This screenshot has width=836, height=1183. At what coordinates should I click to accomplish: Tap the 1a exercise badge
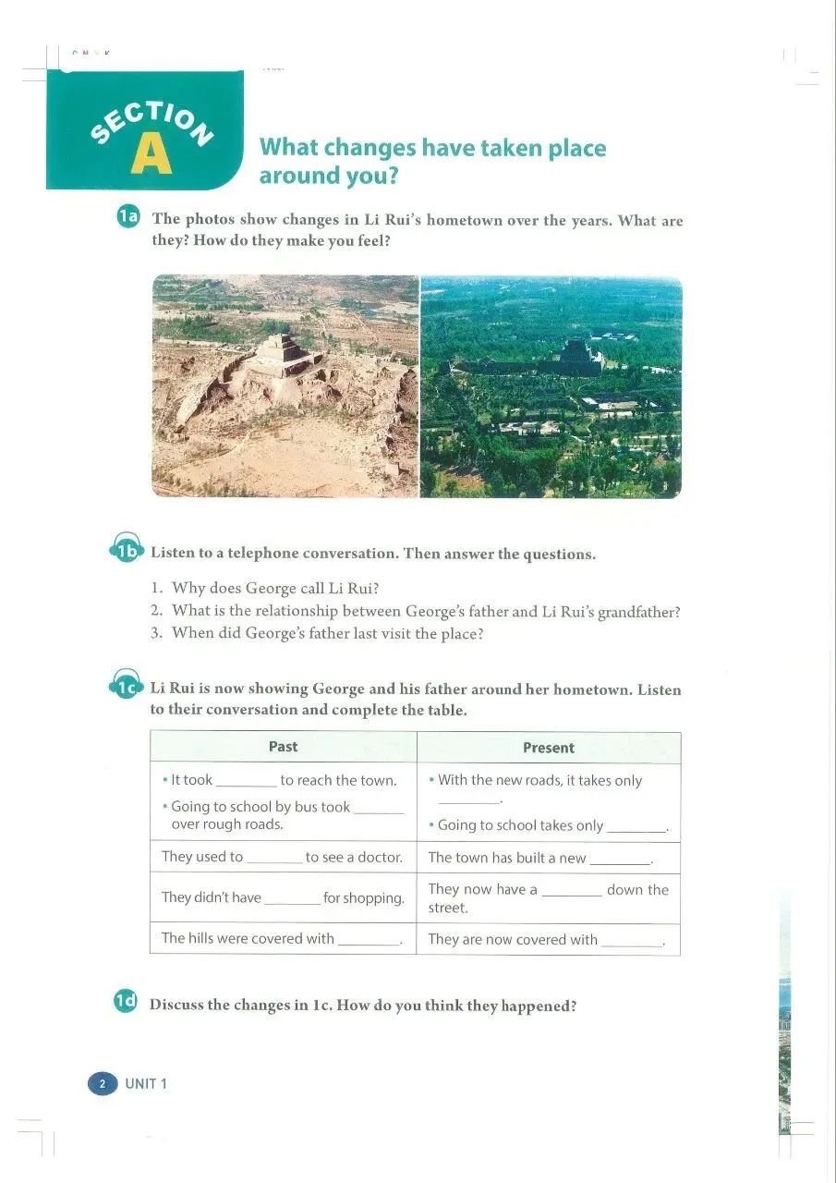(127, 218)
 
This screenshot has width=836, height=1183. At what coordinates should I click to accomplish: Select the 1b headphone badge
(127, 552)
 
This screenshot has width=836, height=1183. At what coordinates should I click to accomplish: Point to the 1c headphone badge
(127, 688)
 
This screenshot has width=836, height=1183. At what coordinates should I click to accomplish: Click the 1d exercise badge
(126, 1001)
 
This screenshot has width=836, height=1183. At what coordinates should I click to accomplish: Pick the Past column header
(283, 747)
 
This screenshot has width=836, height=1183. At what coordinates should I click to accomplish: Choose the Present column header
(548, 748)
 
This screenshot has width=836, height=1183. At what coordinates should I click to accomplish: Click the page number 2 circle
(103, 1083)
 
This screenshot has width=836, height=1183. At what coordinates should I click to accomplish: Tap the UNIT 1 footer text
(146, 1083)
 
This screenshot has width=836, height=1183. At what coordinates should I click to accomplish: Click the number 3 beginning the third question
(156, 634)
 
